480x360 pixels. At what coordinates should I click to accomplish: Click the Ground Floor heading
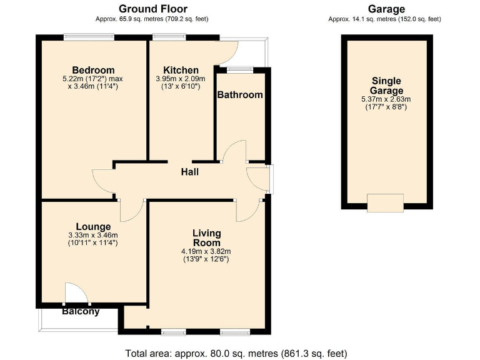click(x=153, y=9)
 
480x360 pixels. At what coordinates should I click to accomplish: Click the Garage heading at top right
click(x=386, y=9)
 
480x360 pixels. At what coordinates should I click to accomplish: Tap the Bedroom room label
click(x=93, y=69)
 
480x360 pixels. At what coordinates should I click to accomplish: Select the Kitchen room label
click(x=181, y=69)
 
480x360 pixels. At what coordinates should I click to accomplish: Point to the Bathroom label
click(x=239, y=95)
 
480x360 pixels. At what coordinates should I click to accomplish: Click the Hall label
click(x=189, y=171)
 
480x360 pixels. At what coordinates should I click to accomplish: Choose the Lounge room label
click(x=93, y=226)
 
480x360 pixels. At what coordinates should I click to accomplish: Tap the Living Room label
click(x=207, y=238)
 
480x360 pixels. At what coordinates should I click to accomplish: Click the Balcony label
click(x=81, y=311)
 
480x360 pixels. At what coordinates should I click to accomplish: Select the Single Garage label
click(x=386, y=86)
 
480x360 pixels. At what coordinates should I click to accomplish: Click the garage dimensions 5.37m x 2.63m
click(x=386, y=99)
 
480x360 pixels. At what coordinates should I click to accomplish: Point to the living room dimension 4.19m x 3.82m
click(x=207, y=251)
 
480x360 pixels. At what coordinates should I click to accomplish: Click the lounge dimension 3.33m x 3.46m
click(x=93, y=235)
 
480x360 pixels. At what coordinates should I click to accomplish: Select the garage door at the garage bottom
click(x=385, y=202)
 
